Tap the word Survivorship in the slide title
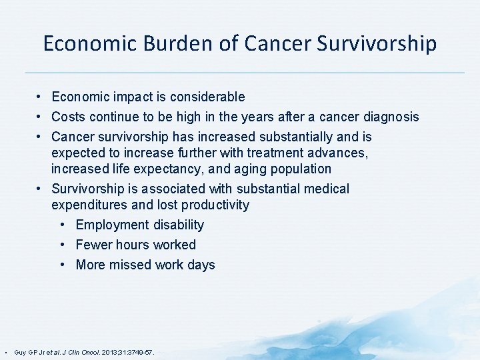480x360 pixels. (376, 44)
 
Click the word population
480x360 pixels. (297, 169)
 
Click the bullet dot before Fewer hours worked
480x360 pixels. (62, 245)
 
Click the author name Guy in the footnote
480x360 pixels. (20, 351)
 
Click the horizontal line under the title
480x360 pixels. (245, 72)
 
